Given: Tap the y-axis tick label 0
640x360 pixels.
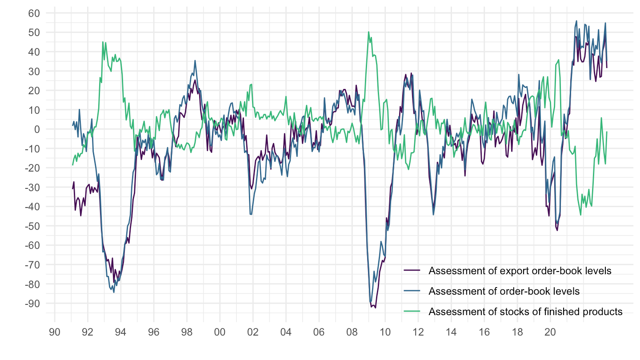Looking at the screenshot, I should pos(37,129).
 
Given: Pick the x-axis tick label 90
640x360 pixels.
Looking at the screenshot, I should pos(55,332).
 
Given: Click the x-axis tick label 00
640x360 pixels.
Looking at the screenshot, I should pos(220,332).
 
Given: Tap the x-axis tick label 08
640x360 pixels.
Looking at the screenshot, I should pos(352,332).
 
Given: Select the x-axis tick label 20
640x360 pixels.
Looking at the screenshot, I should pos(550,332).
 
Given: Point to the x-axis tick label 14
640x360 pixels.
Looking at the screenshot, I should pos(451,332).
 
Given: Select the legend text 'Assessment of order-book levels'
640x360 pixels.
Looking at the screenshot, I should pos(504,291).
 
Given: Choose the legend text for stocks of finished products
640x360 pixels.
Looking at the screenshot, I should pos(525,312).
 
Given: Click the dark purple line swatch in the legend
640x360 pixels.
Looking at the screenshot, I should pos(412,271).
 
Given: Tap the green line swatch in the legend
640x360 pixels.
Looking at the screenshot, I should pos(412,312).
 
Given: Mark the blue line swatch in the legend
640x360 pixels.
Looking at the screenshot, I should pos(412,291).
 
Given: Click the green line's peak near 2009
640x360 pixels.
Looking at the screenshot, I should pos(369,32).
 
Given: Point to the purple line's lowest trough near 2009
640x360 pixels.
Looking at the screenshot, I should pos(375,307).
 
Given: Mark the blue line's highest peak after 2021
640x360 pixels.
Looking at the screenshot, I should pos(576,21).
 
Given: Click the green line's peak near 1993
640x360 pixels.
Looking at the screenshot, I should pos(103,42).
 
